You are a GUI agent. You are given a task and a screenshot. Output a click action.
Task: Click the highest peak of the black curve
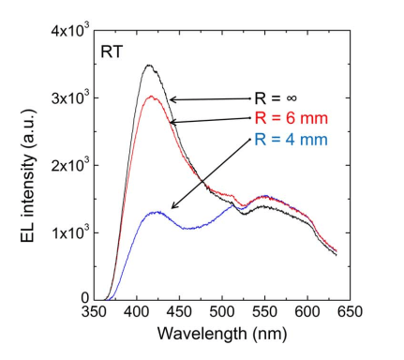[148, 65]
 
